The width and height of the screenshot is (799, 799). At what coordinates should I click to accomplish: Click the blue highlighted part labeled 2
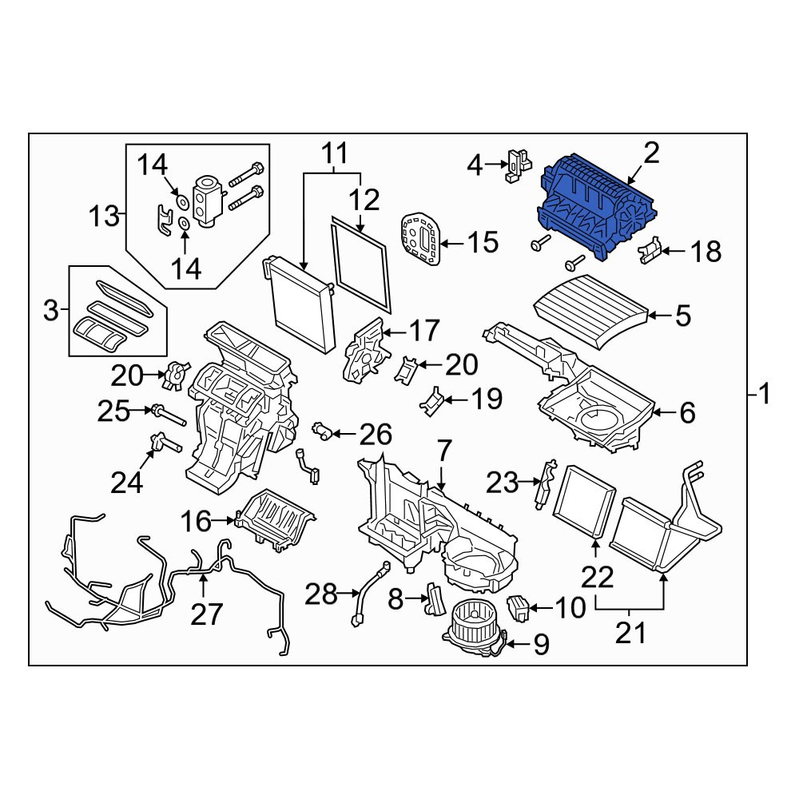pyautogui.click(x=595, y=206)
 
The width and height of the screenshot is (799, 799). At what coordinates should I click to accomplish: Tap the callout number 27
pyautogui.click(x=206, y=614)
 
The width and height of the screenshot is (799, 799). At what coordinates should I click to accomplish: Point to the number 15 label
pyautogui.click(x=483, y=241)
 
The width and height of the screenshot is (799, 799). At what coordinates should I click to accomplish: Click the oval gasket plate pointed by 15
pyautogui.click(x=420, y=238)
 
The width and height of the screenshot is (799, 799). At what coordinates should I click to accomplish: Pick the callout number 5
pyautogui.click(x=683, y=316)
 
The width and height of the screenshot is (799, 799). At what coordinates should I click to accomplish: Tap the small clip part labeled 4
pyautogui.click(x=518, y=165)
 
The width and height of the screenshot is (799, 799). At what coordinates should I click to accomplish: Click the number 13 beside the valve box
pyautogui.click(x=103, y=216)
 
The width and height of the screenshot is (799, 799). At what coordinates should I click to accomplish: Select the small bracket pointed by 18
pyautogui.click(x=650, y=250)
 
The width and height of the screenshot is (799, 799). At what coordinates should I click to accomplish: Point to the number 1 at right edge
pyautogui.click(x=765, y=394)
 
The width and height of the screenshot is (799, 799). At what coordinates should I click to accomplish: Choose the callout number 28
pyautogui.click(x=321, y=594)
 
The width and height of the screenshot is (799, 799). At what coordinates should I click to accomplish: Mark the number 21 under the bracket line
pyautogui.click(x=631, y=634)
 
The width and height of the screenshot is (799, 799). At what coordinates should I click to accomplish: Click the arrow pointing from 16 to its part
pyautogui.click(x=224, y=520)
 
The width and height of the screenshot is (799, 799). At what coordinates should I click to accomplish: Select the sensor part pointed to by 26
pyautogui.click(x=323, y=431)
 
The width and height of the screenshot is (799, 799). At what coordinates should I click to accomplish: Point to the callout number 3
pyautogui.click(x=51, y=310)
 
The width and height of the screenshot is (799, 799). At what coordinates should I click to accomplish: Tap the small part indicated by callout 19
pyautogui.click(x=431, y=402)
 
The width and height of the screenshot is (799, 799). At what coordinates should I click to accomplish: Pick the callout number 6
pyautogui.click(x=687, y=412)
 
